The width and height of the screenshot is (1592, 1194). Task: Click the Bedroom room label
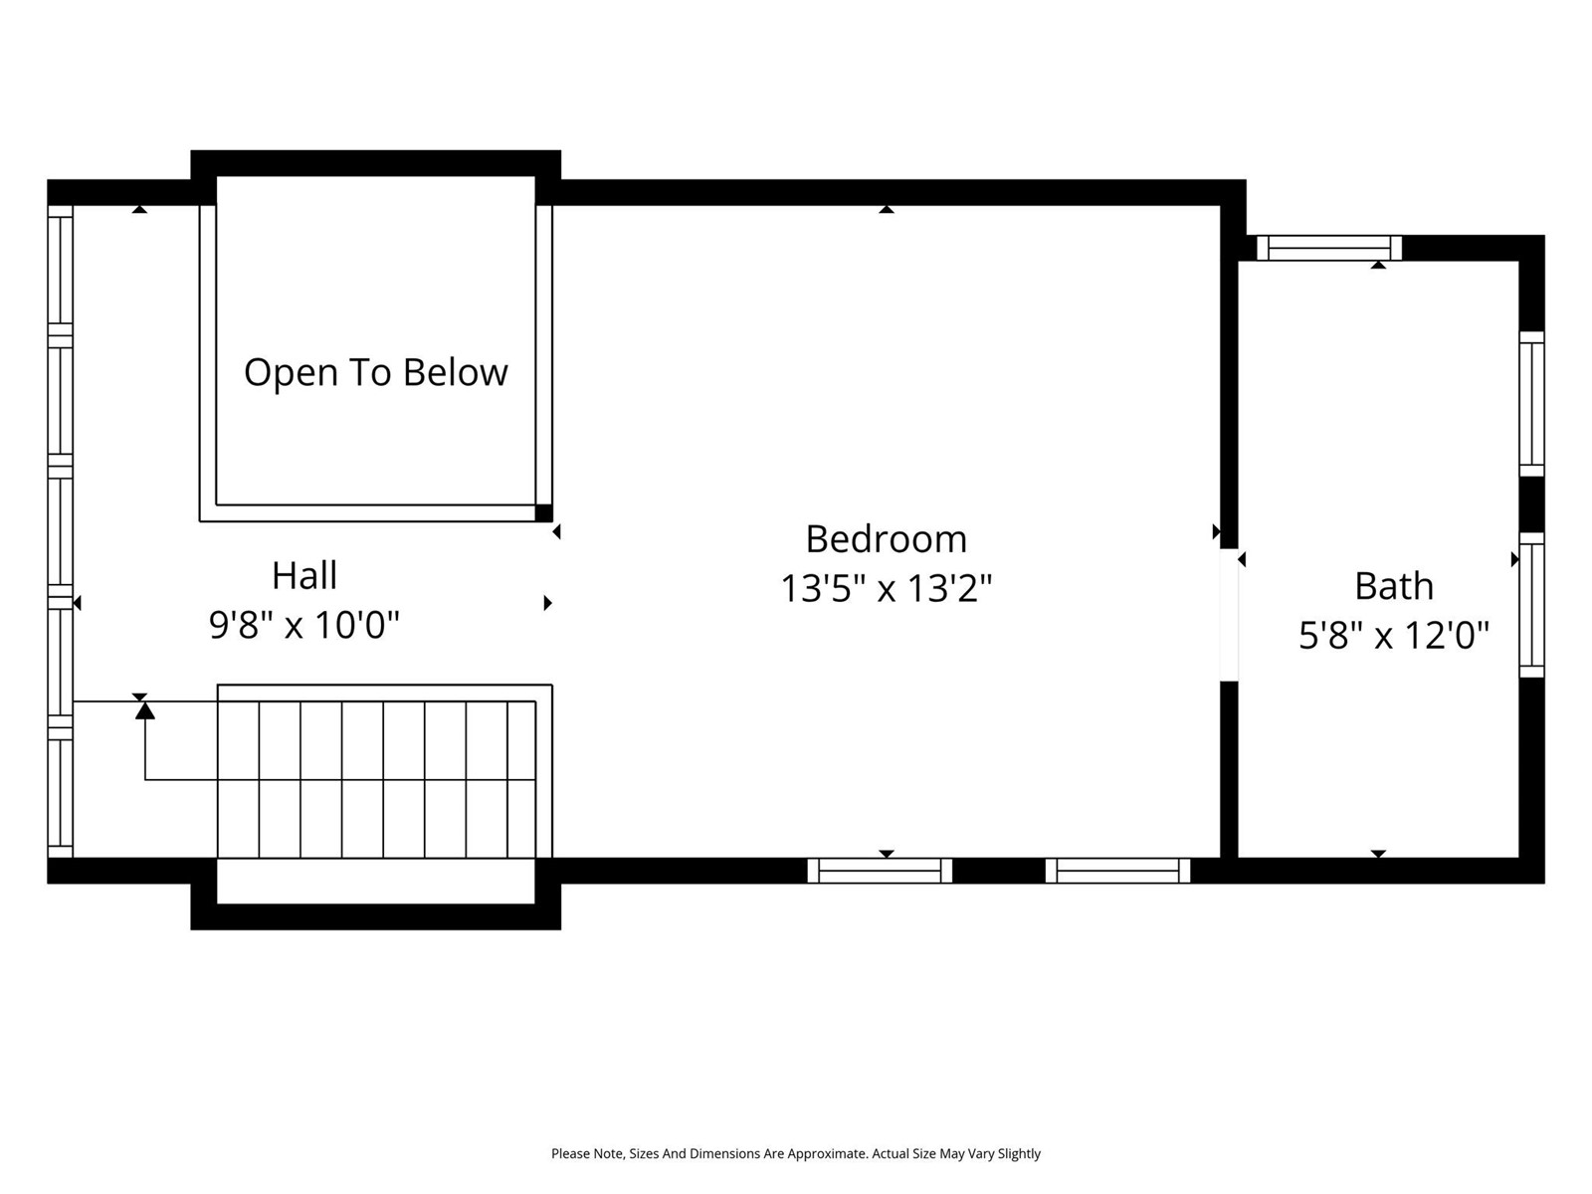pos(887,539)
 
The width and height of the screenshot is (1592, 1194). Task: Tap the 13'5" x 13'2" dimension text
pos(887,589)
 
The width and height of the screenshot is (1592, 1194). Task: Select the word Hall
pos(304,576)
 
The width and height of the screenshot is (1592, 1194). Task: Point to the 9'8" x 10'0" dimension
pos(304,625)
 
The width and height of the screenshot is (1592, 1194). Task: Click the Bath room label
pos(1394,586)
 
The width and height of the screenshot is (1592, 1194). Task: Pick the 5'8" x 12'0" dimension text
pos(1394,636)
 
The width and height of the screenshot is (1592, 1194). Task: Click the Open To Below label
pos(376,372)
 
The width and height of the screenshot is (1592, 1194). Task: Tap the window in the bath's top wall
pos(1328,248)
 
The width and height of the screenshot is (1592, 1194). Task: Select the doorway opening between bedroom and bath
pos(1229,615)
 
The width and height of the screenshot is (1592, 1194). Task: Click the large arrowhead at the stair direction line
pos(145,710)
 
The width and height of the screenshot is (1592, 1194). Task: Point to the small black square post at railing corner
pos(544,512)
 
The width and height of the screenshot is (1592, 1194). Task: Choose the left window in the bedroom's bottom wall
pos(880,871)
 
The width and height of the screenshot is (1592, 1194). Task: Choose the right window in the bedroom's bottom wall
pos(1117,871)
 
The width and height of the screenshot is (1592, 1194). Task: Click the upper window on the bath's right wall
pos(1531,404)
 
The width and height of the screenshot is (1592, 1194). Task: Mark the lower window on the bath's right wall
pos(1531,605)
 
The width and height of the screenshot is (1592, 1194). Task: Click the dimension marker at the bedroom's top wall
pos(887,210)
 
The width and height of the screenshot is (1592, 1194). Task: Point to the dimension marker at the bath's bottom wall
pos(1379,854)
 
